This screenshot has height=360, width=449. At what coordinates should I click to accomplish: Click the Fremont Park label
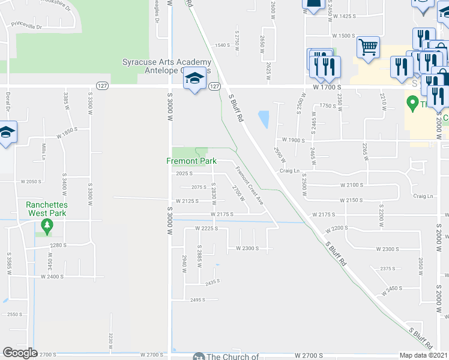191,161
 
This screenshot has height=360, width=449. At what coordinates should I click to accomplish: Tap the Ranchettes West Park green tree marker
47,226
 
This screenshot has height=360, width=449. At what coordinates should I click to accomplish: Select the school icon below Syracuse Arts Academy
194,79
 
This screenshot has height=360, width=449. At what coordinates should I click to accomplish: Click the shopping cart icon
367,47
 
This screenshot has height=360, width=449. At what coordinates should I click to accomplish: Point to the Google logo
20,353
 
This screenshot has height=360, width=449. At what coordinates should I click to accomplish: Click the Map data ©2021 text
424,355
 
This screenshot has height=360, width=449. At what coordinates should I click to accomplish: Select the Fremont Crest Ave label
249,186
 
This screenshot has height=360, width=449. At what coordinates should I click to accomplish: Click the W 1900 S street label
293,140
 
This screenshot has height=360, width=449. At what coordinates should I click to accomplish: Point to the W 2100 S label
352,185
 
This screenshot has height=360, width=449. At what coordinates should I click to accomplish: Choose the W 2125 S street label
188,201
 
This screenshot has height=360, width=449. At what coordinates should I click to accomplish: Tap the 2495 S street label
197,300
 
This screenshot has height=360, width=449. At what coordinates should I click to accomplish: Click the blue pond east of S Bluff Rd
263,119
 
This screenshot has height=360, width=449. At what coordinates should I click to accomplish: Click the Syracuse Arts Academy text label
167,62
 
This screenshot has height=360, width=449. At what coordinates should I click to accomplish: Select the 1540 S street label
223,46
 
